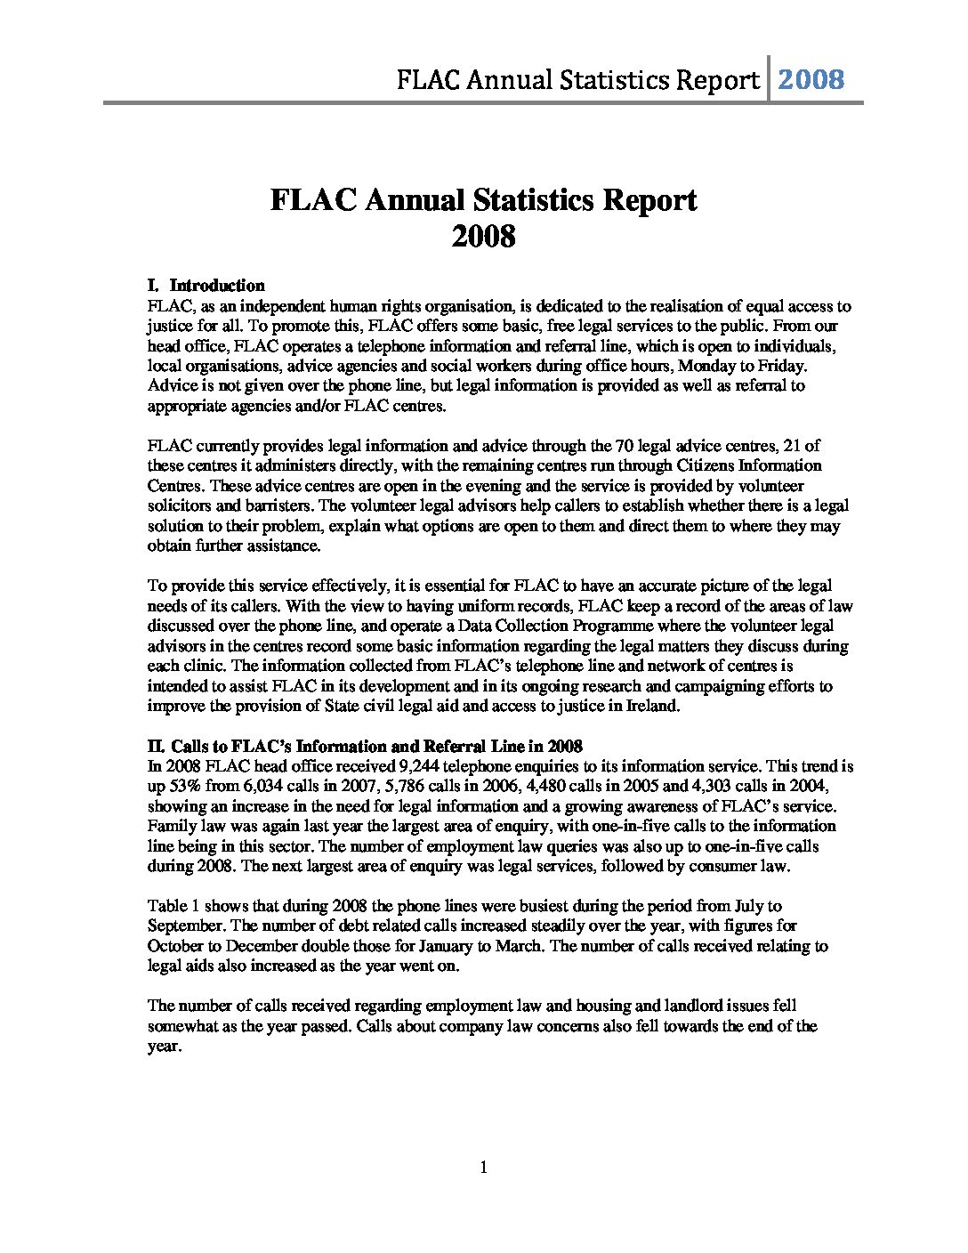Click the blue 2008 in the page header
click(x=811, y=80)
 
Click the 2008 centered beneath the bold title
click(x=483, y=237)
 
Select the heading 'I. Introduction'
click(x=206, y=286)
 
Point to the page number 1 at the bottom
click(x=483, y=1168)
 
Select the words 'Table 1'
click(x=173, y=906)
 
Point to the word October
click(x=177, y=946)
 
